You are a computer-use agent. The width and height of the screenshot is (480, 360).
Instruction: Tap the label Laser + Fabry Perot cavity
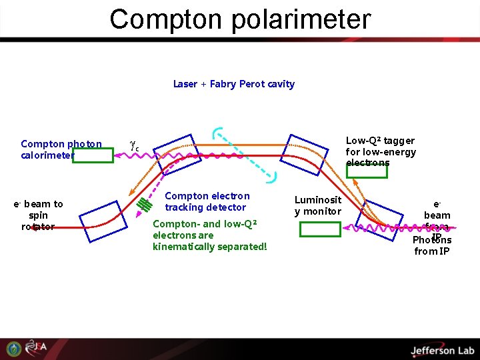point(233,84)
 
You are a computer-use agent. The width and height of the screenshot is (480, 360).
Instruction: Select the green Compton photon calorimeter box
point(93,155)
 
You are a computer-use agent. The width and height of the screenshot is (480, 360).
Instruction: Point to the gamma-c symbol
point(134,143)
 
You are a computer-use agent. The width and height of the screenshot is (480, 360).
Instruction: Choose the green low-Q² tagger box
point(367,171)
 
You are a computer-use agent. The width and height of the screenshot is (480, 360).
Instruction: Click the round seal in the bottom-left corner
point(13,349)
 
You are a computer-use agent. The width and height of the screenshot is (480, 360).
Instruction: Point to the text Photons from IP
point(432,245)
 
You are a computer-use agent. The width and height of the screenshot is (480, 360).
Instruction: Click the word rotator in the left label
point(38,227)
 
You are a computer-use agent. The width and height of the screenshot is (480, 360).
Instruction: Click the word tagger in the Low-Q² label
point(399,141)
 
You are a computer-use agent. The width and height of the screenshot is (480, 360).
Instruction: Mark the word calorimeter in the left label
point(47,155)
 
